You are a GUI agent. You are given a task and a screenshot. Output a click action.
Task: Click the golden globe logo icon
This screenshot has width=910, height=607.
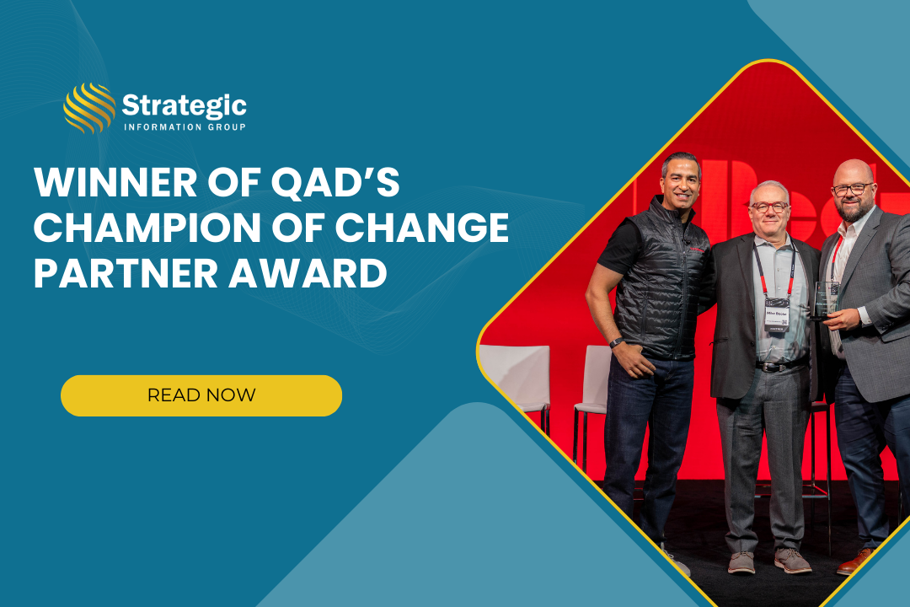coord(89,109)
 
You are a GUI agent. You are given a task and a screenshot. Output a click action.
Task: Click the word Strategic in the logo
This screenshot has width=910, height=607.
coord(184,105)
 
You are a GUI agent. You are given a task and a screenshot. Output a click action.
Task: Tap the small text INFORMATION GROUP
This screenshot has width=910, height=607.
coord(184,127)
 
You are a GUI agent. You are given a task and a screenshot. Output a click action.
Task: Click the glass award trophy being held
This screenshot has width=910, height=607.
coord(824,300)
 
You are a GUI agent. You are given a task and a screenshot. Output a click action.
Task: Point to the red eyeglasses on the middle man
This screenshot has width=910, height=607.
coord(769,206)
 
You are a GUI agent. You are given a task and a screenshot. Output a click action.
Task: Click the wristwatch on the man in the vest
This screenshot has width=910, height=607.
coord(618,342)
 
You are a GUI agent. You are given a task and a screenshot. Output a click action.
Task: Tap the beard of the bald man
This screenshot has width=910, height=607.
coord(851,210)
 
